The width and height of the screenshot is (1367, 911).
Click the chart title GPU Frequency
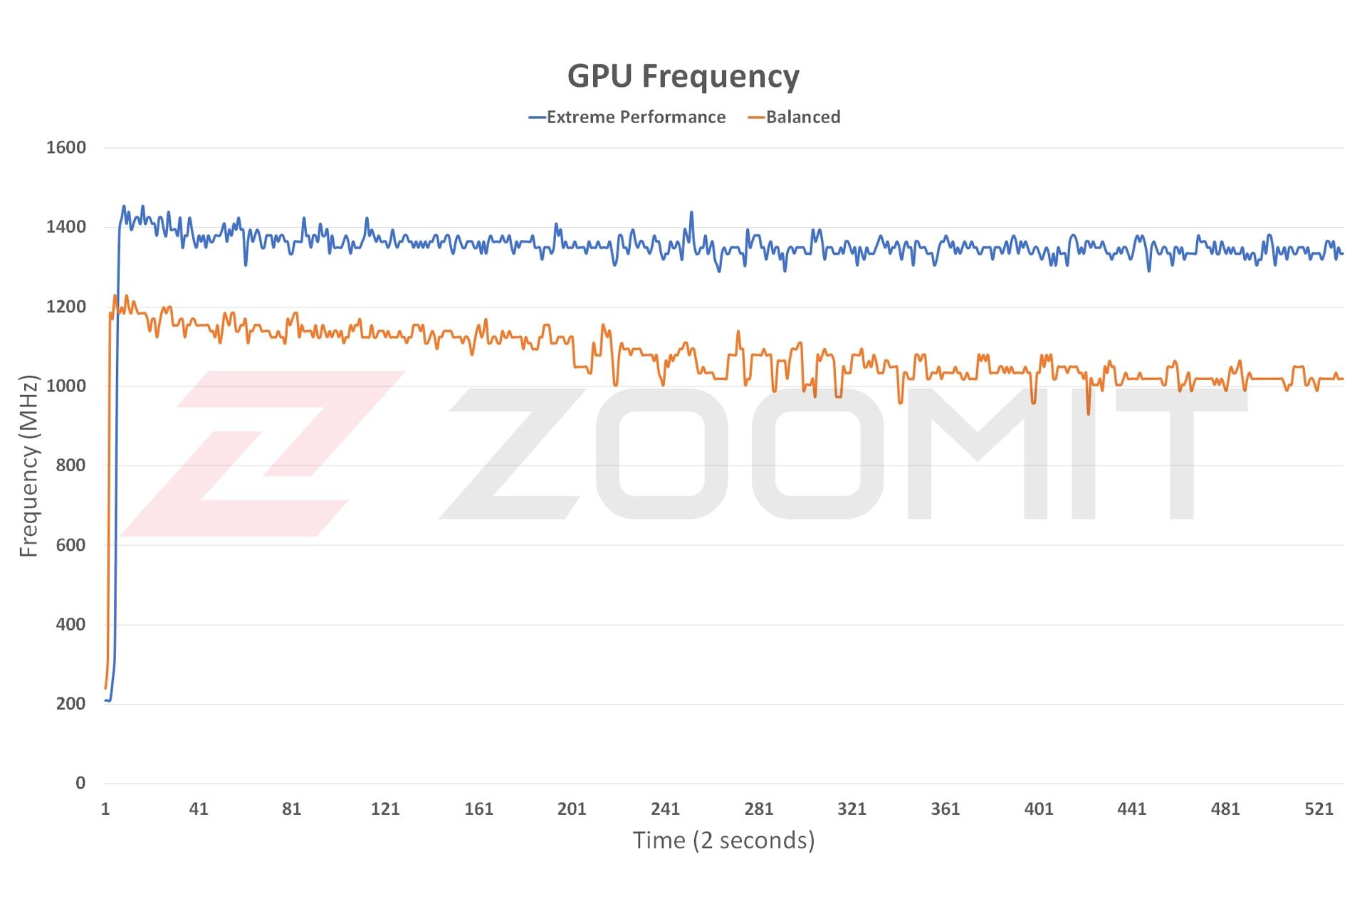(x=683, y=76)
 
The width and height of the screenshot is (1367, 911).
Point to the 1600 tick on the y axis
(x=66, y=148)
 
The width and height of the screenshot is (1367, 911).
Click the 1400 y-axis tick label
(x=66, y=228)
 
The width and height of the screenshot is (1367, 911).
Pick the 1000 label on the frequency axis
(x=66, y=386)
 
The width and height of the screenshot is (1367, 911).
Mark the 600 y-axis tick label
(x=70, y=545)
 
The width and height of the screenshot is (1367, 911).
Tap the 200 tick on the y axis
(x=70, y=704)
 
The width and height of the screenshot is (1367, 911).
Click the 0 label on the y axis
(x=80, y=784)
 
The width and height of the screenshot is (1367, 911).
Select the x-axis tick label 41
(x=199, y=809)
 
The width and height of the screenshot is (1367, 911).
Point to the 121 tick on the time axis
(x=385, y=809)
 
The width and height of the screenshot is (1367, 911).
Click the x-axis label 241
(x=665, y=809)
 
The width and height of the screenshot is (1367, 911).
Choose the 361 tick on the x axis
(x=945, y=809)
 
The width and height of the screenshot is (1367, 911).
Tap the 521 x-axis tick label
(x=1319, y=809)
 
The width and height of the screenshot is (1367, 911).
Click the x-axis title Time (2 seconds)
(x=723, y=841)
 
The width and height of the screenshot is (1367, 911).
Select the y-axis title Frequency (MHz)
(x=28, y=466)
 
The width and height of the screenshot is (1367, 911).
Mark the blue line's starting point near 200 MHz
(x=107, y=700)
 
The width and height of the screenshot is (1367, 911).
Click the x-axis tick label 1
(x=105, y=809)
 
